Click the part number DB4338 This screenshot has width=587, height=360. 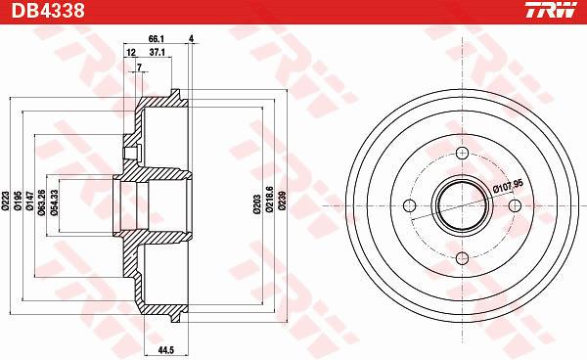pyautogui.click(x=48, y=11)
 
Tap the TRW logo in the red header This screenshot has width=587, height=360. pyautogui.click(x=550, y=10)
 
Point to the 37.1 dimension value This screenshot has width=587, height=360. pyautogui.click(x=158, y=53)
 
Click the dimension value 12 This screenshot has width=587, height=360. pyautogui.click(x=131, y=53)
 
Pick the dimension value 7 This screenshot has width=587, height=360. pyautogui.click(x=139, y=67)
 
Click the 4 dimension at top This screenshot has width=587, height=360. pyautogui.click(x=192, y=39)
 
